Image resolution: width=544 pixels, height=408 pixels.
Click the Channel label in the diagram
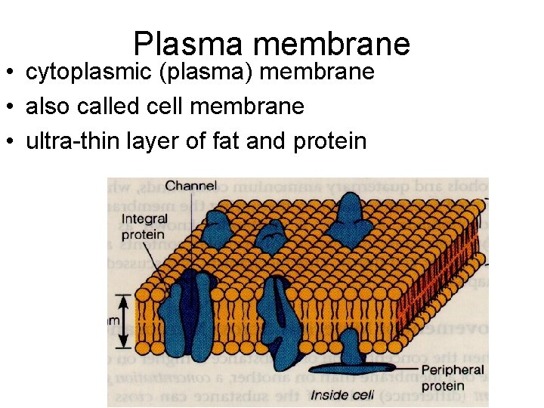pyautogui.click(x=190, y=185)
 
